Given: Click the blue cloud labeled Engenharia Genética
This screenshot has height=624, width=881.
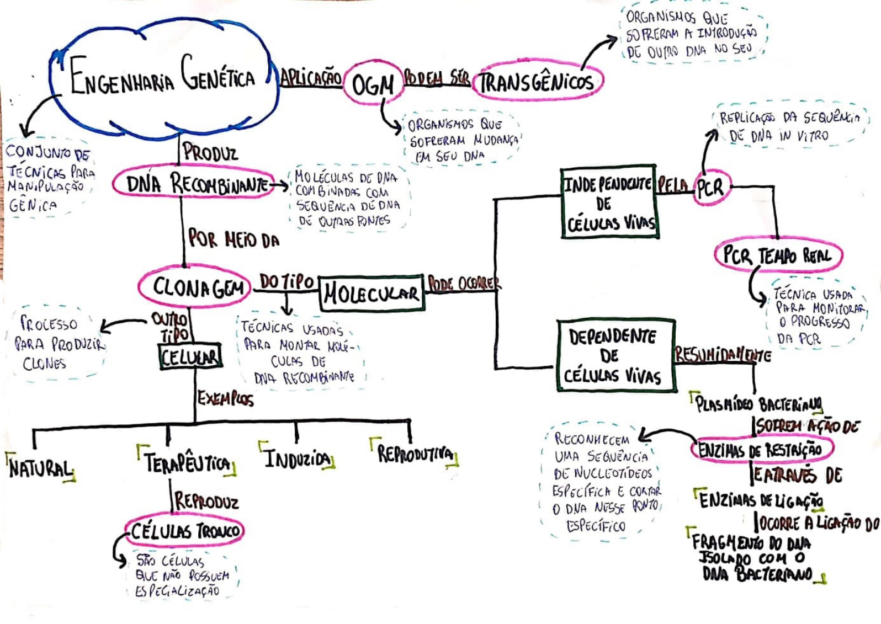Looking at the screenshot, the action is tap(163, 77).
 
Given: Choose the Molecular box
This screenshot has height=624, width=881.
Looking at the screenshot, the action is tap(371, 293).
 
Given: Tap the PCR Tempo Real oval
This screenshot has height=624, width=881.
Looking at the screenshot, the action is tap(777, 255).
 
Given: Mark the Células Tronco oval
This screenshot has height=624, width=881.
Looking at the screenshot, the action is tap(184, 531).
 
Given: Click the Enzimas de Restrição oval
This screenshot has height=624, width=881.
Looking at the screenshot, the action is tap(761, 449).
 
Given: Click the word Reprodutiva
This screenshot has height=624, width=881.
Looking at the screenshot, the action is tap(415, 454).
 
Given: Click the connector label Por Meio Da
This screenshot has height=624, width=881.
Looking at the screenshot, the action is tap(233, 239).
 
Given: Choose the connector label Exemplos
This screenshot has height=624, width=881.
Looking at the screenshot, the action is tap(225, 398).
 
